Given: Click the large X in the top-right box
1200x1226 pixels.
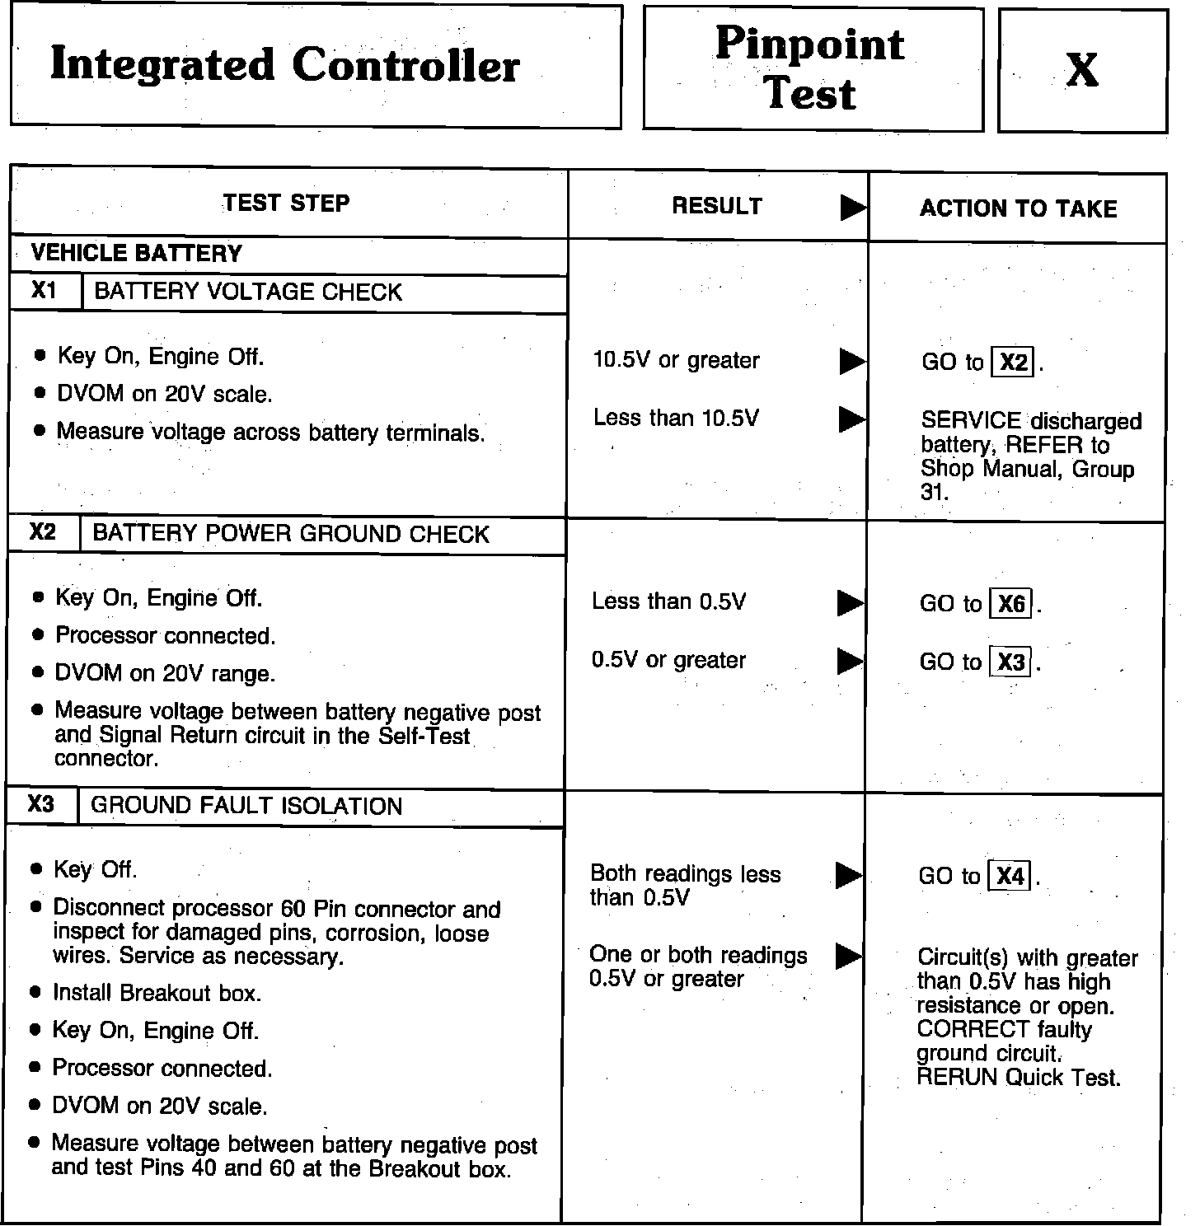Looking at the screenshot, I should (1081, 70).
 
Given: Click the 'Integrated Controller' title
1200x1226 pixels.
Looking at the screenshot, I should (285, 65).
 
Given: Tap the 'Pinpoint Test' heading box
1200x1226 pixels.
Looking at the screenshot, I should (811, 68).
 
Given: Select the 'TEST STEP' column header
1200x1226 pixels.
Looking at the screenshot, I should (286, 204).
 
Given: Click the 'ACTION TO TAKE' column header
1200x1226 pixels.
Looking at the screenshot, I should (1018, 208).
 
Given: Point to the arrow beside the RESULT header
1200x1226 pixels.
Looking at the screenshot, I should (853, 208).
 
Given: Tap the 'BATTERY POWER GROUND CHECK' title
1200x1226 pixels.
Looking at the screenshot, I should (291, 534).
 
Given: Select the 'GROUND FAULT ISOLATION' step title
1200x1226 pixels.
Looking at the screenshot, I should (246, 806).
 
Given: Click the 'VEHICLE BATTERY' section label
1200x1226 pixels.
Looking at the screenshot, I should (137, 253).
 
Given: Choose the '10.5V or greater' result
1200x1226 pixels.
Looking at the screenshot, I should (676, 360).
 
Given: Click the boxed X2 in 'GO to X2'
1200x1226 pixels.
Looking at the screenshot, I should (1014, 363).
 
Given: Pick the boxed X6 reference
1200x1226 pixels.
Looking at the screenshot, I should (1011, 605).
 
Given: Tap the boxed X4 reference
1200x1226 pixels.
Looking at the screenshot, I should (1010, 876).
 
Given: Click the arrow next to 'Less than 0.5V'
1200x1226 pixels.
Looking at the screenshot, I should (850, 603).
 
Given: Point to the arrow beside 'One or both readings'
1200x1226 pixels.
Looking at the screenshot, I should (848, 956).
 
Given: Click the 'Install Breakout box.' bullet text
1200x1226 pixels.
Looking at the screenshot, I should (157, 994).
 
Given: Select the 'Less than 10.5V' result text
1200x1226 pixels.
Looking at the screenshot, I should (676, 419).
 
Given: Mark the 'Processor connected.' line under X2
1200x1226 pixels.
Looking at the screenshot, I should (165, 636).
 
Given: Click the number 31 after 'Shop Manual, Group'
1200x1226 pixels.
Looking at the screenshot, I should (933, 493).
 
